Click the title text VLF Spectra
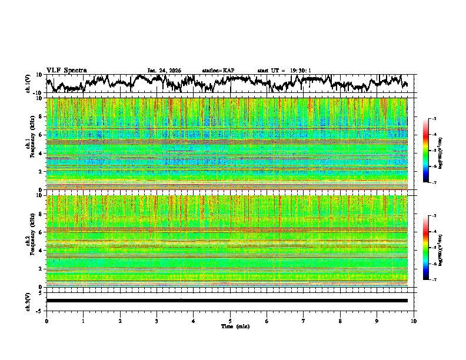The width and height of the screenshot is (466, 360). [x=66, y=70]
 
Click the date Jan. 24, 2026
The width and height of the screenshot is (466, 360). [x=164, y=71]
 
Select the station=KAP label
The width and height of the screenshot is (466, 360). [x=218, y=71]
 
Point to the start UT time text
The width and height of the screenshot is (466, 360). [x=284, y=71]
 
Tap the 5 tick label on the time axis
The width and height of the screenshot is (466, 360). [x=230, y=321]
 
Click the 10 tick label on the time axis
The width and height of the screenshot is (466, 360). [x=414, y=321]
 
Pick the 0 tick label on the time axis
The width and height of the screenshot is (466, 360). [x=46, y=321]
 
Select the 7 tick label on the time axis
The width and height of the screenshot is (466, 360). [x=304, y=321]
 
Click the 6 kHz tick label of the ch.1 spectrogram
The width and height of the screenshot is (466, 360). [x=41, y=135]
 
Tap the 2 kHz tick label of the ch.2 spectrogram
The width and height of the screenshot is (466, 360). [x=41, y=268]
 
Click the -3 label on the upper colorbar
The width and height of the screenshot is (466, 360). [x=434, y=119]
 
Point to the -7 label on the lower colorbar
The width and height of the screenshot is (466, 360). [x=434, y=280]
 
